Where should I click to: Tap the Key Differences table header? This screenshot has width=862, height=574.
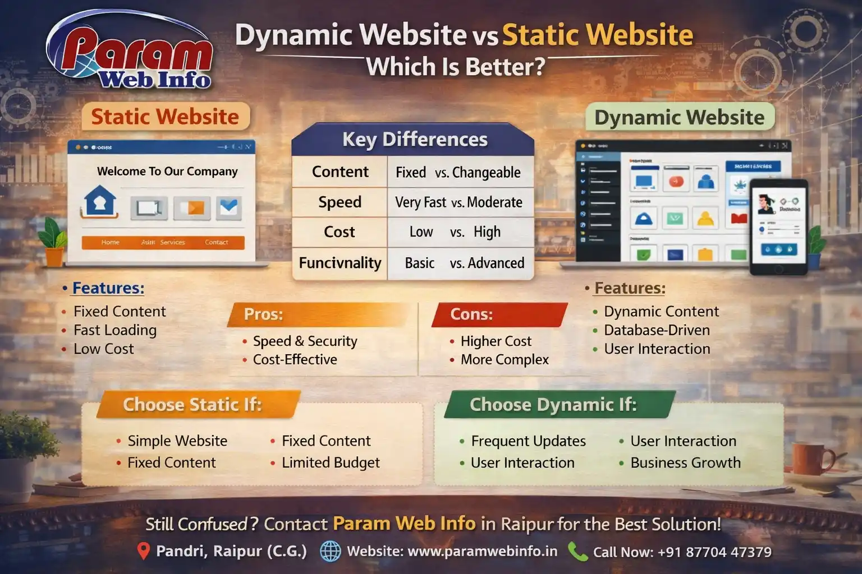[x=414, y=140]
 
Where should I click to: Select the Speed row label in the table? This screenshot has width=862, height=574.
[x=340, y=202]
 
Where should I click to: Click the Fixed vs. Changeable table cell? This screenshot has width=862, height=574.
[x=458, y=173]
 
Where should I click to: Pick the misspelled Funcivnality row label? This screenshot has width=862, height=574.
[x=340, y=263]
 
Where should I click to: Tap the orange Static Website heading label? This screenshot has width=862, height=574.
[x=165, y=117]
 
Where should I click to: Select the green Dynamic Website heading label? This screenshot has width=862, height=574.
[x=679, y=118]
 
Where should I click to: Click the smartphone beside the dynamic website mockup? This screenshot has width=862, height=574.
[x=779, y=227]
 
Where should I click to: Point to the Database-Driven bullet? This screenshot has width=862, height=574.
[x=657, y=330]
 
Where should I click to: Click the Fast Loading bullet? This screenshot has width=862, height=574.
[x=114, y=330]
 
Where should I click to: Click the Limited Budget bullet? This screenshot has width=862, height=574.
[x=330, y=463]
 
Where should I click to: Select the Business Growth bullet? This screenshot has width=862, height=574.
[x=685, y=463]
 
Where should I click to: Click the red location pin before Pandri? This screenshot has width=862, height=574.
[x=144, y=551]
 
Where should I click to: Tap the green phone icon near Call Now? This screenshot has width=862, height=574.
[x=577, y=552]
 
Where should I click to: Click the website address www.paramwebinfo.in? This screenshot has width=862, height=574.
[x=482, y=552]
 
